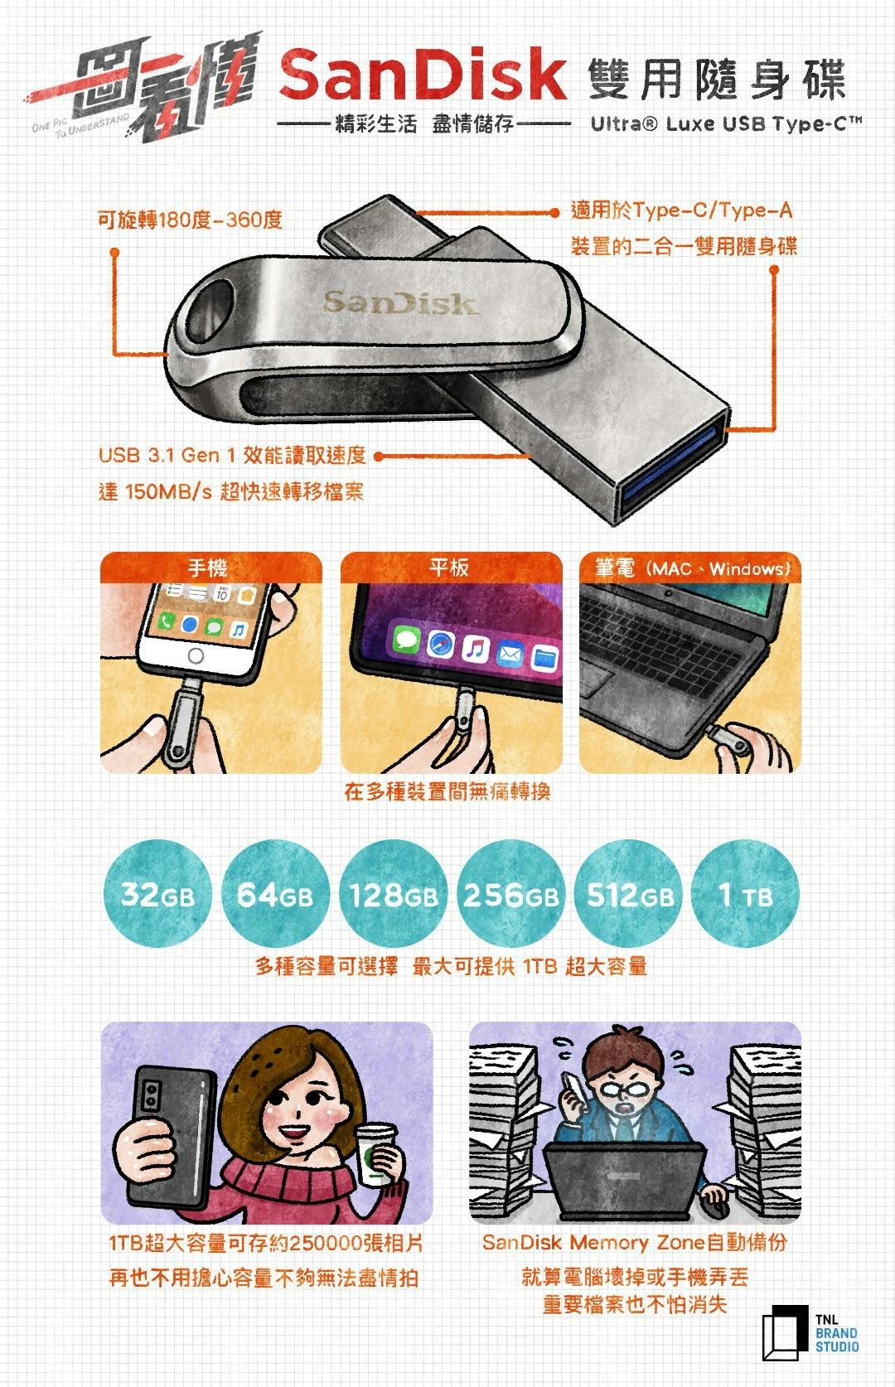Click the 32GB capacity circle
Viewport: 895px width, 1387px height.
pos(157,893)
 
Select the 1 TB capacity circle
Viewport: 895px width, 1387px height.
pos(745,893)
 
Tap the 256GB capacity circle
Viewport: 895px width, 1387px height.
pos(511,893)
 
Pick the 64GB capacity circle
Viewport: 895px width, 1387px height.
pos(275,893)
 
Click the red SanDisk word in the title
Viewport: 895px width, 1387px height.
pos(423,75)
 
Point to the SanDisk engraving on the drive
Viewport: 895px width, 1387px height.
pos(400,302)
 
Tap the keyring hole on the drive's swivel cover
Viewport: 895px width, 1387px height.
pos(210,312)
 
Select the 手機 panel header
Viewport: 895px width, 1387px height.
pos(210,568)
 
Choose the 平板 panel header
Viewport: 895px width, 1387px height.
pos(451,568)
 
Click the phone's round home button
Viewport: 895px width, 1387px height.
pos(196,655)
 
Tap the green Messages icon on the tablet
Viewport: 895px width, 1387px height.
pos(407,638)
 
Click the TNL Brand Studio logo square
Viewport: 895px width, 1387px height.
pos(785,1333)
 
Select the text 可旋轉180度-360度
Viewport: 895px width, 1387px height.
pos(190,220)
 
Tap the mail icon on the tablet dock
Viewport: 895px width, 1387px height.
pos(510,653)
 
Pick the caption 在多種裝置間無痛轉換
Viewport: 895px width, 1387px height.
pos(447,791)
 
